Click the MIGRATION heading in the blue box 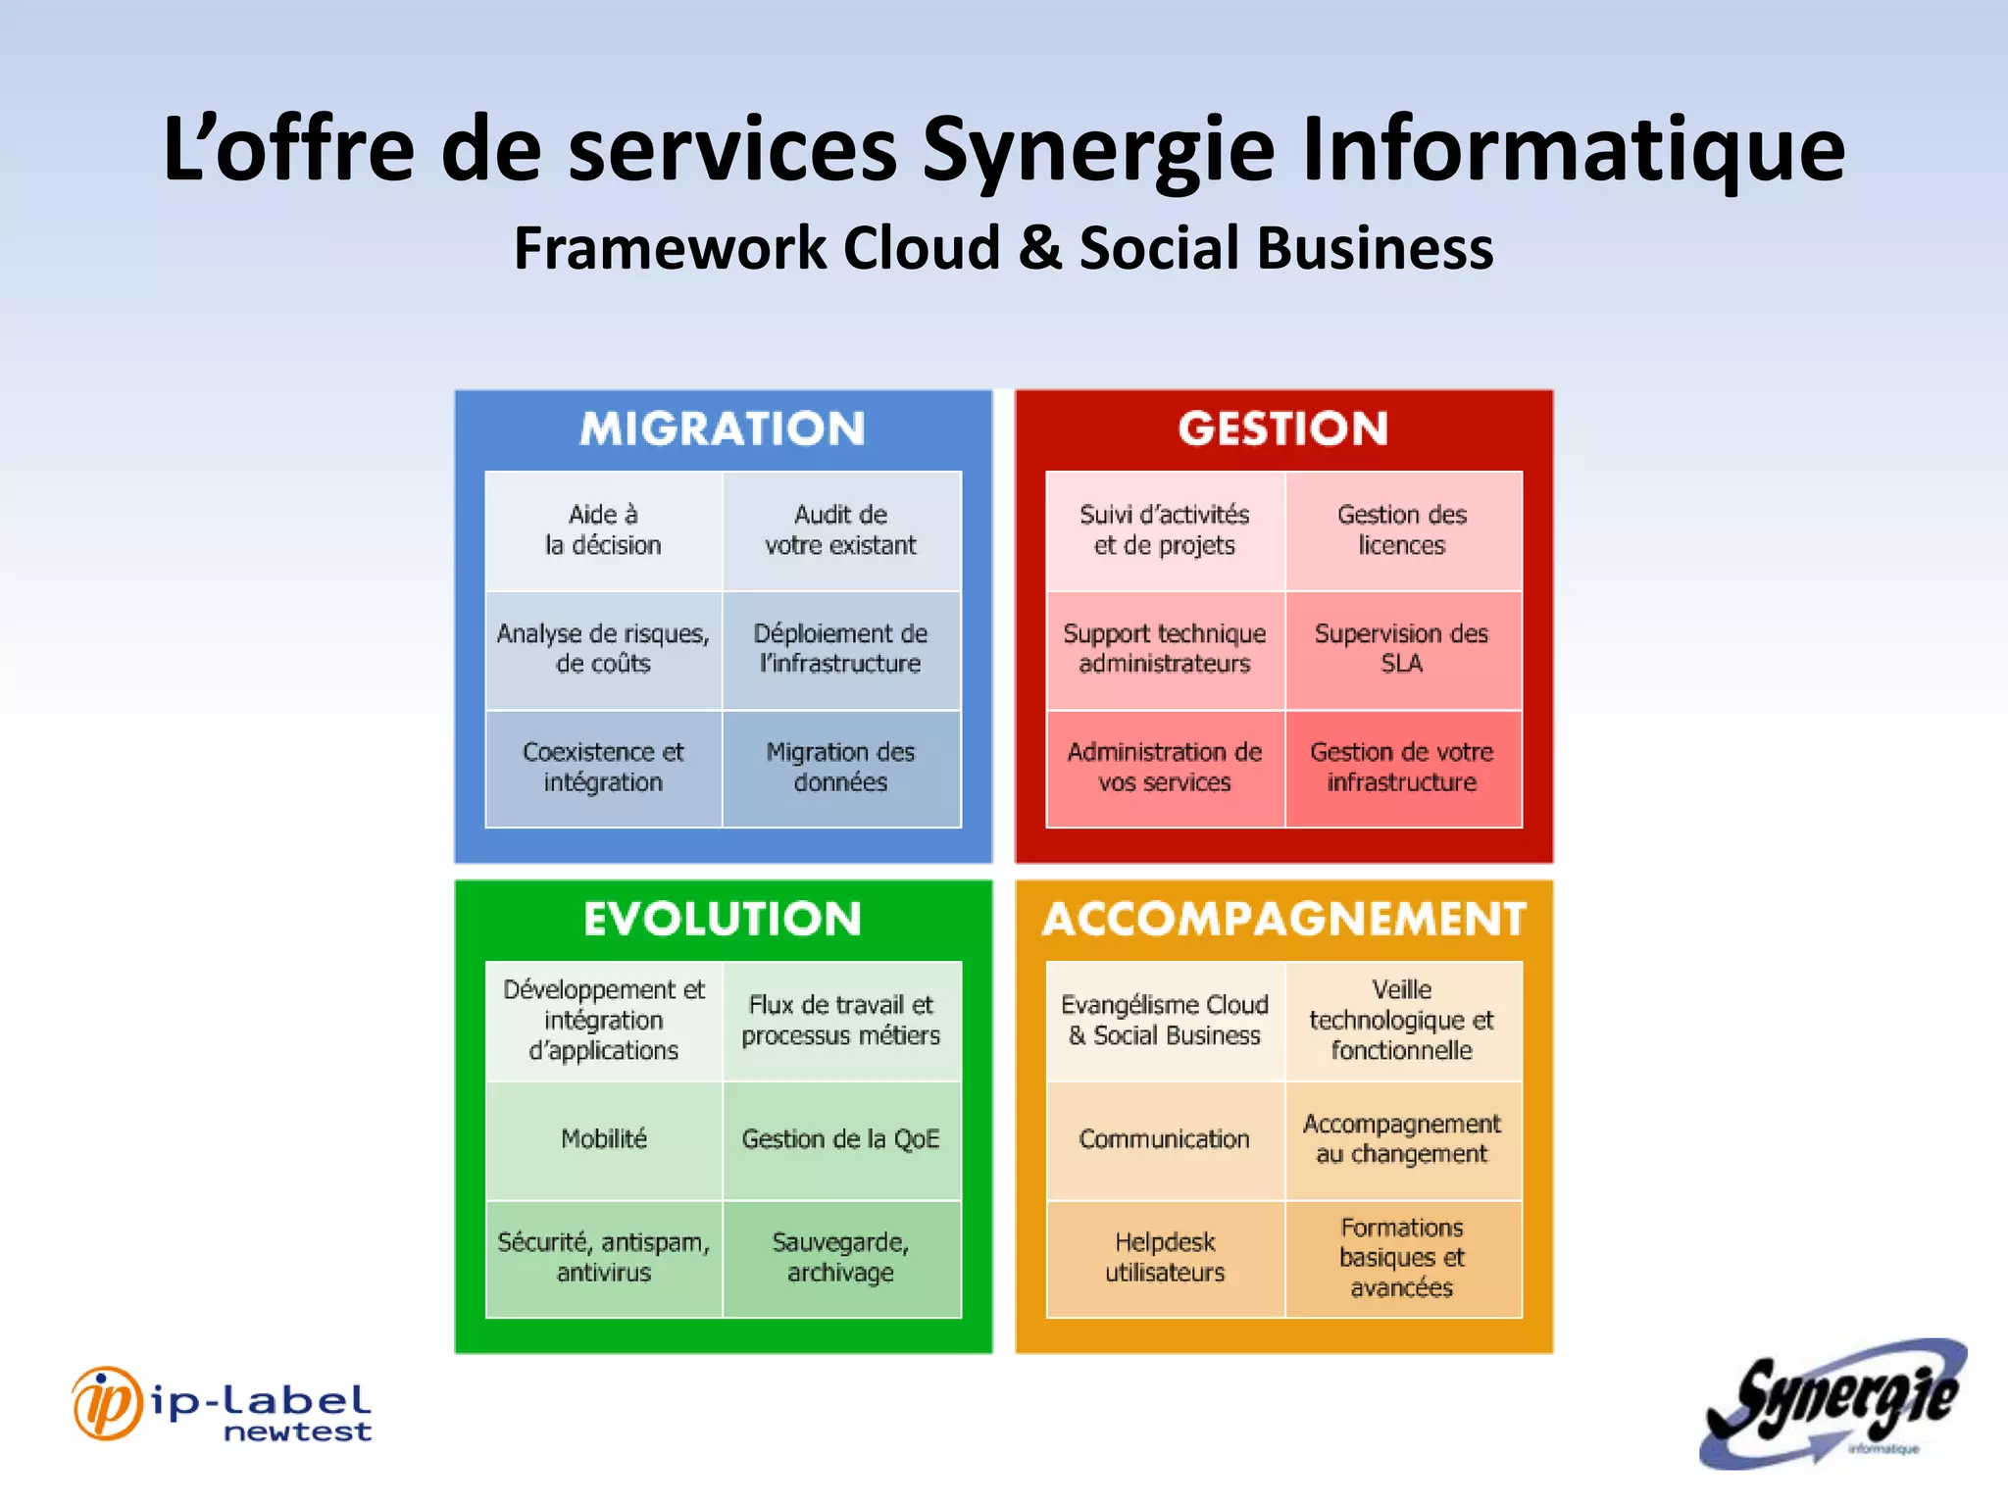[723, 428]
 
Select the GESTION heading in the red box [1283, 428]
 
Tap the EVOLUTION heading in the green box [723, 919]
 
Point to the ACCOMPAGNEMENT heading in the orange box [1283, 919]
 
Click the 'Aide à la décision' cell [604, 530]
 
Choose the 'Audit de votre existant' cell [841, 530]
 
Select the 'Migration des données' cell [841, 768]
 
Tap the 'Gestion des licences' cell [1402, 530]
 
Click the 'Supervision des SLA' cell [1402, 649]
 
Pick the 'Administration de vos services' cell [1165, 768]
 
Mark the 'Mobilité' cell [604, 1139]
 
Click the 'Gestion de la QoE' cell [841, 1139]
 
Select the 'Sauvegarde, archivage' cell [841, 1258]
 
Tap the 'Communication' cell [1165, 1139]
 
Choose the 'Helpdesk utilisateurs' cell [1165, 1258]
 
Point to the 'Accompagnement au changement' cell [1402, 1139]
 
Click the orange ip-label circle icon [107, 1404]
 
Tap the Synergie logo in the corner [1833, 1404]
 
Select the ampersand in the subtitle [1041, 247]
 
